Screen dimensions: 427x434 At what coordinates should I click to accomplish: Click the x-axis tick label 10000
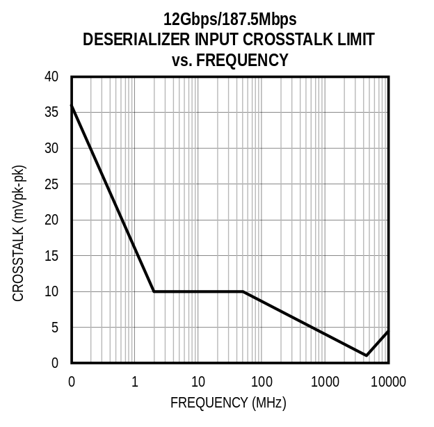[x=388, y=382]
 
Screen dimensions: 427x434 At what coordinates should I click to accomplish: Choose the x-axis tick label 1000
[x=325, y=382]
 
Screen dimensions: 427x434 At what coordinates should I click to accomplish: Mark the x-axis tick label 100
[x=262, y=382]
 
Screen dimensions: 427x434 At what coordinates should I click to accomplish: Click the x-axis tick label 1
[x=135, y=382]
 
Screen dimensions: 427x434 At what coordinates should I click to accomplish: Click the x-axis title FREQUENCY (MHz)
[x=228, y=403]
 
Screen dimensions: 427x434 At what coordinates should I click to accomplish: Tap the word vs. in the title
[x=182, y=61]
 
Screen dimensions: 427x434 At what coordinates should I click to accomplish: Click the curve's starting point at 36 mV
[x=72, y=105]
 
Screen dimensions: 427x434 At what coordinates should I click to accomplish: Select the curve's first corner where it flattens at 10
[x=154, y=291]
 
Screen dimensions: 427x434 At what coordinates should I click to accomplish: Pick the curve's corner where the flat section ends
[x=242, y=291]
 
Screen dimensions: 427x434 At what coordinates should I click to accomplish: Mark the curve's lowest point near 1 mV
[x=367, y=355]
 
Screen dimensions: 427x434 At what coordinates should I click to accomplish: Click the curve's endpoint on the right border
[x=388, y=331]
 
